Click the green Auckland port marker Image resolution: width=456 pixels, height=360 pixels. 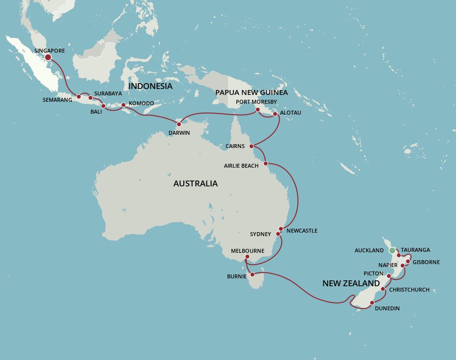392,251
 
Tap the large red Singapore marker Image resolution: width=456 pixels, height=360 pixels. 48,57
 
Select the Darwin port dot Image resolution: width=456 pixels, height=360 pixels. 179,124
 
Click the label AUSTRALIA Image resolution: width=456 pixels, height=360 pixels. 195,183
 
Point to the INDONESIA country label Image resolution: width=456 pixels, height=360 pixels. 150,87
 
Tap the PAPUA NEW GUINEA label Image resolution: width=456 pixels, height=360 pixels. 251,92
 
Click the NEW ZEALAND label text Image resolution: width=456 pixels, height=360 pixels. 351,284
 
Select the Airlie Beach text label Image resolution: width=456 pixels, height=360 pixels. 241,166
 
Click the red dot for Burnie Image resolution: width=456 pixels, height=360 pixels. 252,275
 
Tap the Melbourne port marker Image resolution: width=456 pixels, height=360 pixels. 247,257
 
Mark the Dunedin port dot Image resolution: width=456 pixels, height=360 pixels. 371,302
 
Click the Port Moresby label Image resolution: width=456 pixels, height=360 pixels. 256,102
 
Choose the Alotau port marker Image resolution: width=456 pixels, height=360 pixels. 275,114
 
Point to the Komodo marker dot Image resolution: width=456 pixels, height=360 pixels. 123,105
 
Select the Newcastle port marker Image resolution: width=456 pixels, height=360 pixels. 281,229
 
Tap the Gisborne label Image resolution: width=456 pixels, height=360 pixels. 426,262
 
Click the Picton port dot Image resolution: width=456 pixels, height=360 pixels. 389,275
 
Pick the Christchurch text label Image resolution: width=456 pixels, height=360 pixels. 409,290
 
